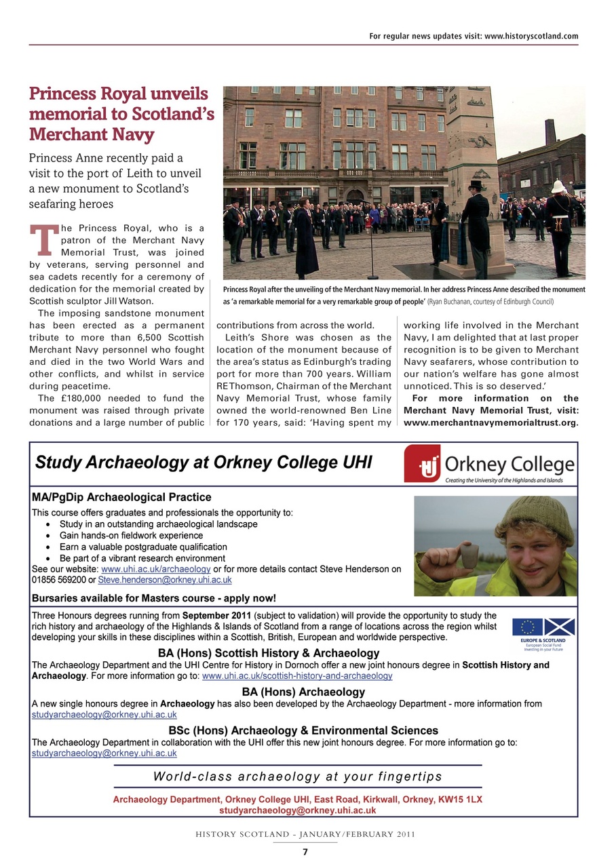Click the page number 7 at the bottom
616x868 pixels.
pos(305,852)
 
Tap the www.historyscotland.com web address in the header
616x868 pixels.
pos(531,36)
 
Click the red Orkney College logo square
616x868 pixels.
pos(422,464)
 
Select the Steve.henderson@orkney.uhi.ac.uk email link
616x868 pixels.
pos(165,580)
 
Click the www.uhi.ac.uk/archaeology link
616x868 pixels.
pos(155,569)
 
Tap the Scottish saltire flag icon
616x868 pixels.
pos(560,627)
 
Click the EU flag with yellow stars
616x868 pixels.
pos(527,627)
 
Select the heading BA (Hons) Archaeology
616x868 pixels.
pos(303,692)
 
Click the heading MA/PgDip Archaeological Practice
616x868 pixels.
pos(122,498)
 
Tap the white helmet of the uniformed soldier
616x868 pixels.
pos(558,186)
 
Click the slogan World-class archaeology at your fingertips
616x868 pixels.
pos(297,776)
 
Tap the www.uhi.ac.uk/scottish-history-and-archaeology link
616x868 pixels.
pos(297,676)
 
